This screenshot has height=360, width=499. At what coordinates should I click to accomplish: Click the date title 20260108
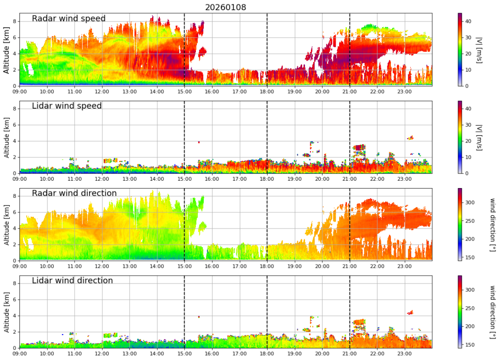click(x=225, y=7)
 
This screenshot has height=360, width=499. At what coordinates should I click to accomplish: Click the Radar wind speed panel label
click(x=69, y=19)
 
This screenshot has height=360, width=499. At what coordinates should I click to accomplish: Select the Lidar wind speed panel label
click(x=67, y=106)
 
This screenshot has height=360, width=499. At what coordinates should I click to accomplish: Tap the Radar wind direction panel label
click(x=74, y=193)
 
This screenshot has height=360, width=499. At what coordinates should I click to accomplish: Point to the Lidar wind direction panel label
click(x=72, y=281)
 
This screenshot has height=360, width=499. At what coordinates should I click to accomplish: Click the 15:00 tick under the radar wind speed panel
click(x=184, y=91)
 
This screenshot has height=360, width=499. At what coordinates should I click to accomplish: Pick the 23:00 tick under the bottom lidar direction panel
click(x=404, y=353)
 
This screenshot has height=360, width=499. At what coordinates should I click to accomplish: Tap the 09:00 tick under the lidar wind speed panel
click(x=19, y=178)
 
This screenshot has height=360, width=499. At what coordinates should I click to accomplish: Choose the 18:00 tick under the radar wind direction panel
click(x=267, y=265)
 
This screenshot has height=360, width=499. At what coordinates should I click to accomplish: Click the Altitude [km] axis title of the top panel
click(x=6, y=49)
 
